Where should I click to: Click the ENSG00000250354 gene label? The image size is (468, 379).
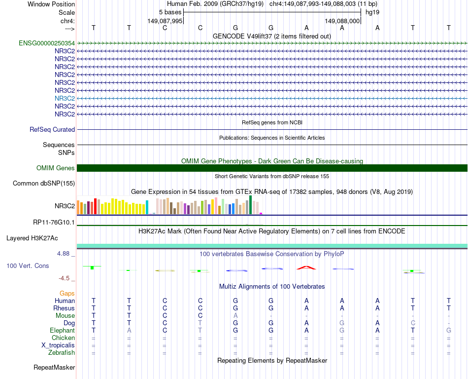[x=47, y=43]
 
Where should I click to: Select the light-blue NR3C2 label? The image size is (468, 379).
[x=65, y=98]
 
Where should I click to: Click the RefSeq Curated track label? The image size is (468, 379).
[x=52, y=130]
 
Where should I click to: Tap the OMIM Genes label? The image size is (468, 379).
[x=56, y=168]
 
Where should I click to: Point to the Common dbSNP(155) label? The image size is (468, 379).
[x=43, y=184]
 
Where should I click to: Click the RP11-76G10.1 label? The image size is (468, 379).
[x=54, y=223]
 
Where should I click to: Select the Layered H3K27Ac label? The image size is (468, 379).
[x=32, y=238]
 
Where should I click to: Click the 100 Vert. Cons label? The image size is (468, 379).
[x=28, y=266]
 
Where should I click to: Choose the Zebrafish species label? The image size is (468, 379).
[x=62, y=353]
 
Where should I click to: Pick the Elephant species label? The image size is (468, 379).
[x=62, y=331]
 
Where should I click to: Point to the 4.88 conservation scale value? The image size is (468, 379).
[x=64, y=254]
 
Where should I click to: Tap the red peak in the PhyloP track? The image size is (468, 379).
[x=306, y=267]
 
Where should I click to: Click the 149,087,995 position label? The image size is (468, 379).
[x=165, y=21]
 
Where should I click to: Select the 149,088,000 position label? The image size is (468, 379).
[x=343, y=21]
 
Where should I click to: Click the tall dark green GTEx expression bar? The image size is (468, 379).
[x=250, y=204]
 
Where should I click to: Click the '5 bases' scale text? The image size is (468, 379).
[x=170, y=12]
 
